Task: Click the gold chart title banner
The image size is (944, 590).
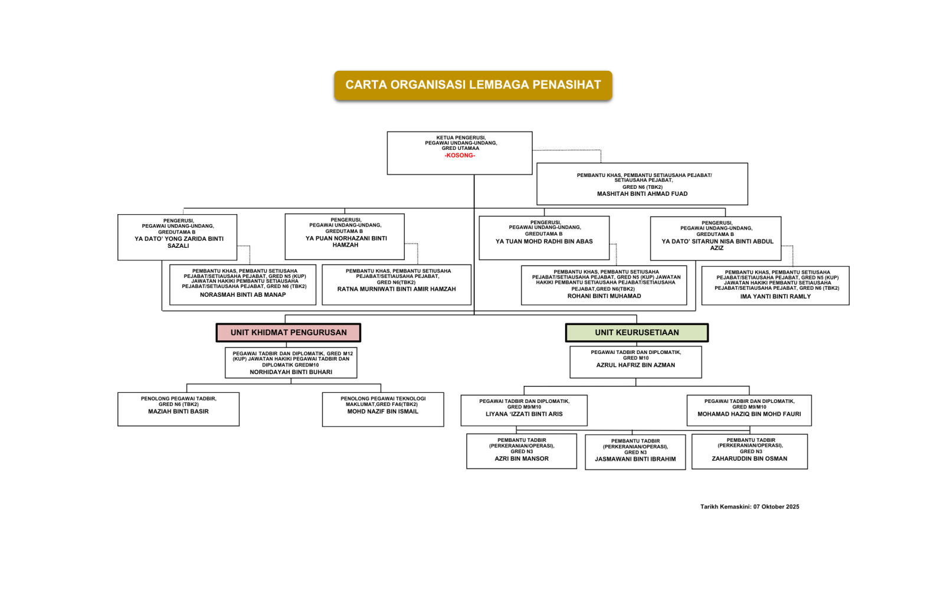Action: (x=473, y=85)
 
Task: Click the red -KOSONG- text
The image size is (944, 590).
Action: (x=460, y=155)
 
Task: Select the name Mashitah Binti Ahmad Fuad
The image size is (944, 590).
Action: (x=642, y=194)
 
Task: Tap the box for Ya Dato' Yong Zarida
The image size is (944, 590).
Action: (x=178, y=237)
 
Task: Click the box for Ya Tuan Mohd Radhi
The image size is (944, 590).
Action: (x=544, y=238)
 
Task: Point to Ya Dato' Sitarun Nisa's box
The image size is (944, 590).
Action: (x=716, y=238)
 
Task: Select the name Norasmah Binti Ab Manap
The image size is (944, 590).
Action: (x=242, y=294)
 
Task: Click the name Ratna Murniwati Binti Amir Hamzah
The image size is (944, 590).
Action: (x=396, y=289)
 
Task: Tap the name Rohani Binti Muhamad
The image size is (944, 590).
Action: (x=604, y=296)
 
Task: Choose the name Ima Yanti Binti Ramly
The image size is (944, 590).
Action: (x=775, y=296)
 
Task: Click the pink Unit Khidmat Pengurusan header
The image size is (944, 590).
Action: (x=289, y=333)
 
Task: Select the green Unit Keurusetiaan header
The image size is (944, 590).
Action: (x=637, y=333)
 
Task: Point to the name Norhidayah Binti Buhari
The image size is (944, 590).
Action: (x=291, y=372)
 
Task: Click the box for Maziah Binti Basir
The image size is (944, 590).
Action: (x=178, y=409)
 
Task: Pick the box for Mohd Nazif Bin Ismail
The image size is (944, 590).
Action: (x=383, y=409)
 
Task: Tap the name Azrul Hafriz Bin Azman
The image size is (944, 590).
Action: (x=635, y=365)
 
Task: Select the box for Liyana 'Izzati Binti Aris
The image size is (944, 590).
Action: (x=524, y=410)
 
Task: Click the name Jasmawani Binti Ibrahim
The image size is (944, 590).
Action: (x=635, y=459)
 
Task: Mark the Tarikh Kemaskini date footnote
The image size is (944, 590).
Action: (x=749, y=507)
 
